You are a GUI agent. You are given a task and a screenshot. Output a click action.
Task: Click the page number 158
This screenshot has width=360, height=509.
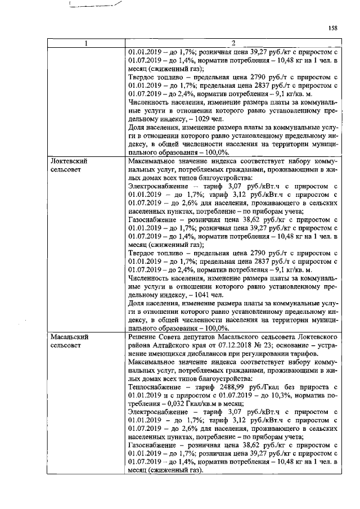(332, 26)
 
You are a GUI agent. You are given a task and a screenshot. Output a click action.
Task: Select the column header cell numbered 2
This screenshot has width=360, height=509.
(233, 44)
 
